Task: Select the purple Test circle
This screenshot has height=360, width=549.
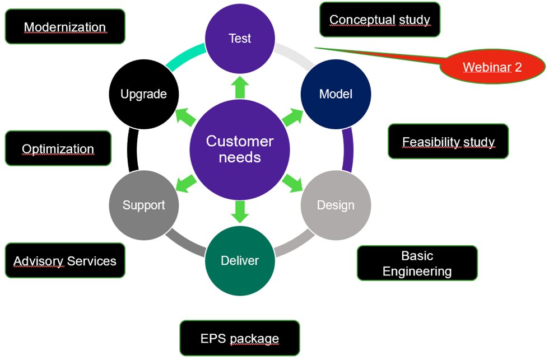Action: (240, 38)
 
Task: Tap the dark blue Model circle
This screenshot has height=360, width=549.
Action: (336, 93)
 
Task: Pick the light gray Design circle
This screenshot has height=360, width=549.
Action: (336, 205)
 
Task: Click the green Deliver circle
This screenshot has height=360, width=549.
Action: (240, 260)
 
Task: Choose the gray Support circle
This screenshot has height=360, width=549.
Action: (144, 205)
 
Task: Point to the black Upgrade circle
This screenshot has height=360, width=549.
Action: (144, 93)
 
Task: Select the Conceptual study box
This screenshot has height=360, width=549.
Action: (379, 20)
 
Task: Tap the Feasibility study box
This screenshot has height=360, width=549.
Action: (448, 141)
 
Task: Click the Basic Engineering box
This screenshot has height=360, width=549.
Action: (417, 263)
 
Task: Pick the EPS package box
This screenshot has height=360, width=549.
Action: (239, 338)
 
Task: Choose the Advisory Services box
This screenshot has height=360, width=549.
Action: (65, 260)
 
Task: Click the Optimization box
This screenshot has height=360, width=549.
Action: (58, 148)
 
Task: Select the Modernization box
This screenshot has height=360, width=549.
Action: (65, 26)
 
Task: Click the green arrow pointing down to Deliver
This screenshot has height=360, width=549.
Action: (240, 210)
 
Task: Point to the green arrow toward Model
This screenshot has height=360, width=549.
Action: (292, 118)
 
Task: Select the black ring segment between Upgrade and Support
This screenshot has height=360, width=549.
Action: (132, 149)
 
